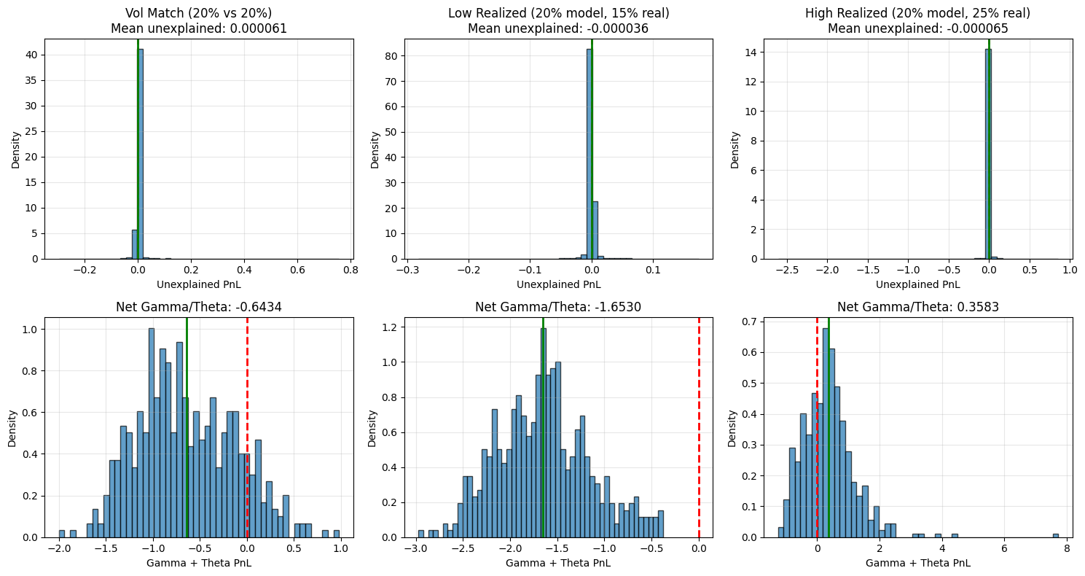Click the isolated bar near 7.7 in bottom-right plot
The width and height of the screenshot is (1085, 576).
(x=1055, y=535)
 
